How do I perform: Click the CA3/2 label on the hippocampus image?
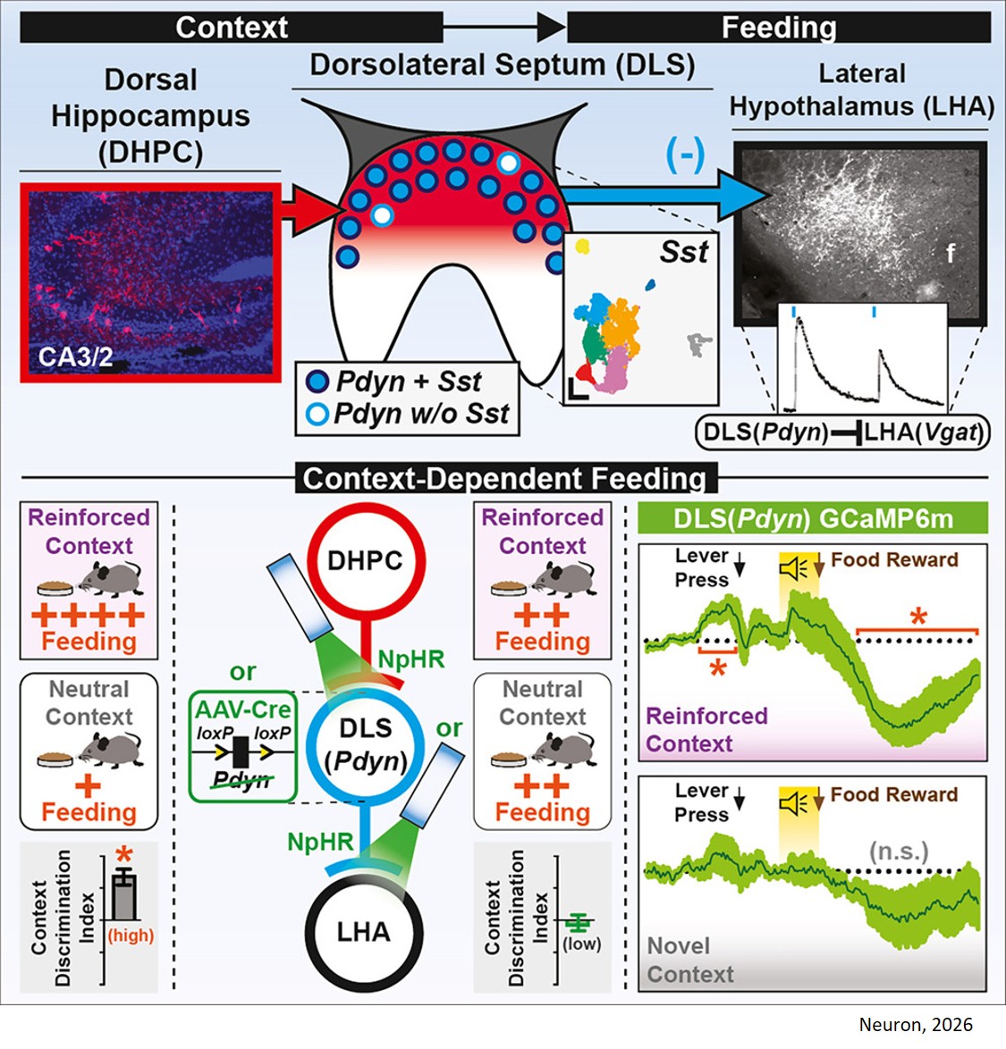tap(75, 358)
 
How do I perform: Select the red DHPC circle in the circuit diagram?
tap(365, 561)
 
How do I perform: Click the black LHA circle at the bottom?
tap(363, 932)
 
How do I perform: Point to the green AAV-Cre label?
tap(243, 709)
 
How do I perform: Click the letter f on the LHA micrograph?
tap(951, 253)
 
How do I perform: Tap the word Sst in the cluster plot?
tap(684, 253)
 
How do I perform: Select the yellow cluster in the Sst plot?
tap(583, 245)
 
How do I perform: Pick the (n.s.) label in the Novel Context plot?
tap(900, 851)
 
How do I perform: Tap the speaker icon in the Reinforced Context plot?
tap(793, 569)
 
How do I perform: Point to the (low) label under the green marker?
tap(581, 944)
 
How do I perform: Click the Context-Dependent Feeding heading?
tap(505, 479)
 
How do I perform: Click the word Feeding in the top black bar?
tap(778, 28)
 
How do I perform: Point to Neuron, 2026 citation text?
tap(915, 1025)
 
